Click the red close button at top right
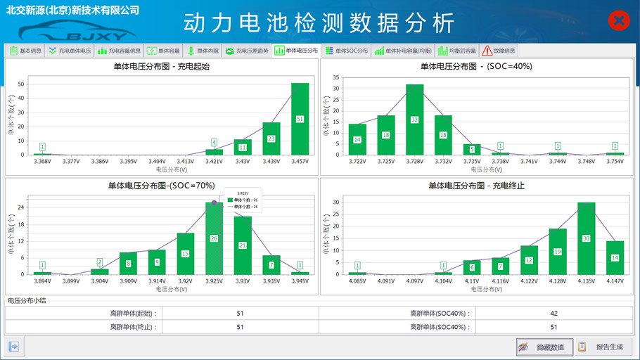(618, 21)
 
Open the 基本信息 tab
(26, 51)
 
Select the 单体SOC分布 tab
(347, 51)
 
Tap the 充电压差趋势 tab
(247, 51)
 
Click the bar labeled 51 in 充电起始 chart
(300, 119)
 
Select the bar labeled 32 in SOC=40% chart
(414, 120)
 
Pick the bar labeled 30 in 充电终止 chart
(586, 238)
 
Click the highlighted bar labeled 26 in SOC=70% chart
(215, 238)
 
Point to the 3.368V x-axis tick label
(42, 162)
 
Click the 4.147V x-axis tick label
(615, 281)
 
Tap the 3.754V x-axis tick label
(615, 162)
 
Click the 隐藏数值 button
(544, 347)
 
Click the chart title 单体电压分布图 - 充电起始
(162, 67)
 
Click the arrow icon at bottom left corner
(13, 346)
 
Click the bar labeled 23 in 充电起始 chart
(271, 139)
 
